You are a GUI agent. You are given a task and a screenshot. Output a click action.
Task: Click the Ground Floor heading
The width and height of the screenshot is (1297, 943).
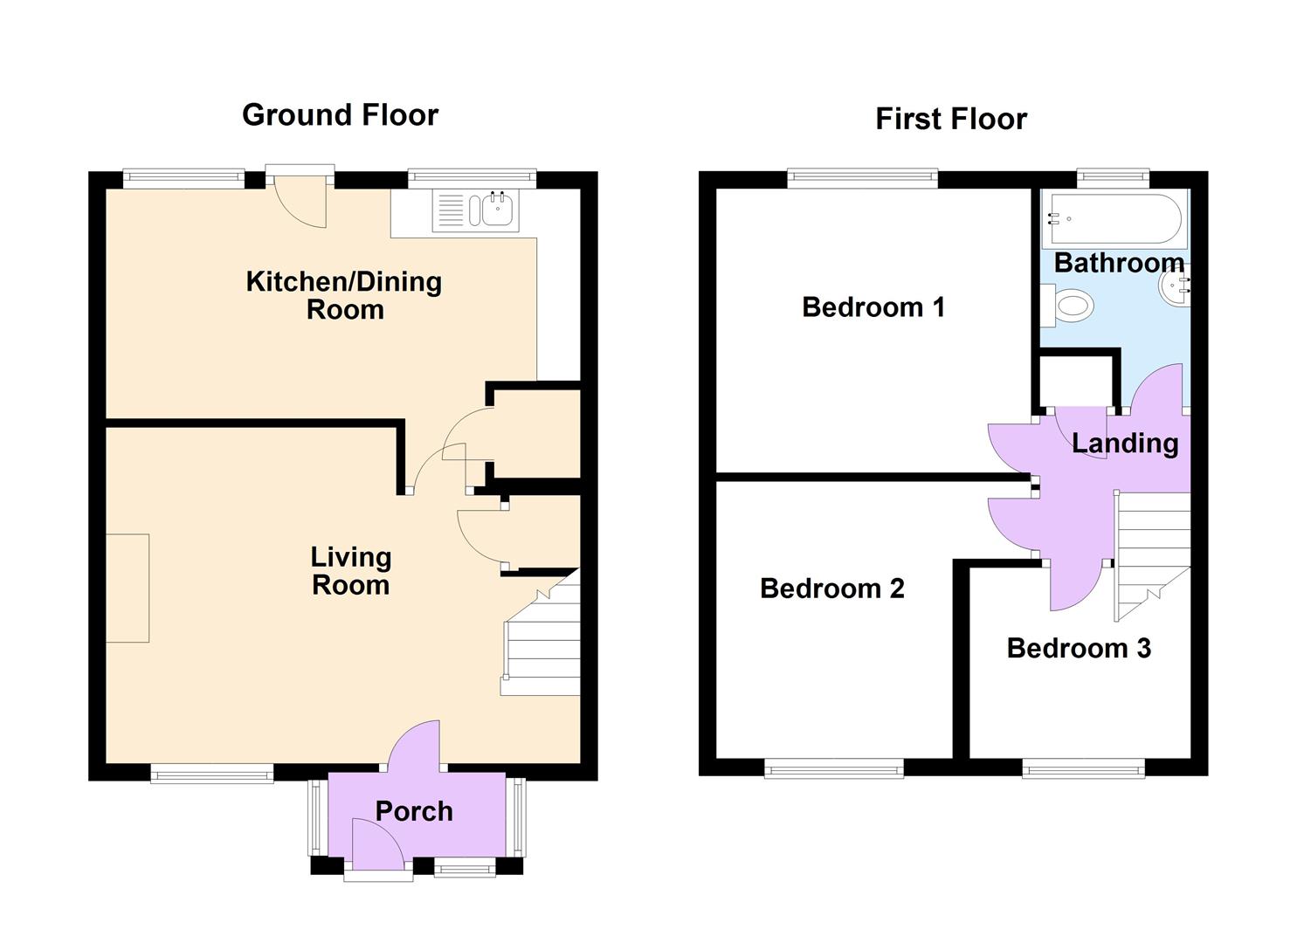[x=340, y=115]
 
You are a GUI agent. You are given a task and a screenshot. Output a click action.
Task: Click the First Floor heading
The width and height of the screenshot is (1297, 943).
[x=951, y=119]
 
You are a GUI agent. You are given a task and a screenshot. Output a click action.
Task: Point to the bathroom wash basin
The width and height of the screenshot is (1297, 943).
[x=1174, y=286]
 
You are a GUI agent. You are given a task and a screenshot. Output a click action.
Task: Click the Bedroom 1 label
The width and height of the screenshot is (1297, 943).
[x=873, y=307]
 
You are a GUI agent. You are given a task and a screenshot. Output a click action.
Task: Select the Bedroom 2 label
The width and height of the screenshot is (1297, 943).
[x=831, y=589]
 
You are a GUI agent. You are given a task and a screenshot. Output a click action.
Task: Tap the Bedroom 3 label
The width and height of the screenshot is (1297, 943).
[x=1078, y=648]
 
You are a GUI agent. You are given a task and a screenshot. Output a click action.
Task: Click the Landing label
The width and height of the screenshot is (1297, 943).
[x=1125, y=444]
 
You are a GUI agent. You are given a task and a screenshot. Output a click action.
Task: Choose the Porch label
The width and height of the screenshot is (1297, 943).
[x=414, y=811]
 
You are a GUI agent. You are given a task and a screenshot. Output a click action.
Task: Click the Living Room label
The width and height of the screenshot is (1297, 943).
[x=350, y=571]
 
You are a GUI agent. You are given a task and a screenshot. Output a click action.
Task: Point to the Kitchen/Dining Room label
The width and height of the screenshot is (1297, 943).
[x=344, y=295]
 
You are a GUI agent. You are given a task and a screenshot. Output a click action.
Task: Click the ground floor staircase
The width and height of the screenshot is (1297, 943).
[x=542, y=646]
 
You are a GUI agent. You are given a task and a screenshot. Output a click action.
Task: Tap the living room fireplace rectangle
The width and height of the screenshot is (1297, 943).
[x=128, y=588]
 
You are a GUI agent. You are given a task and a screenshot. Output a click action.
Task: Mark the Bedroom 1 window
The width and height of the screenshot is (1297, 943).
[x=862, y=179]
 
